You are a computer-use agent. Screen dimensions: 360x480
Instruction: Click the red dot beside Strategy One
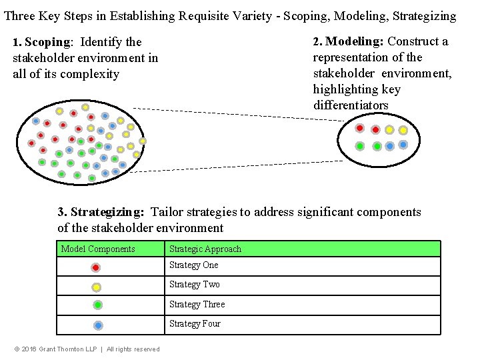[96, 267]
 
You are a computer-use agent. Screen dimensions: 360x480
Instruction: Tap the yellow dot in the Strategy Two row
[97, 287]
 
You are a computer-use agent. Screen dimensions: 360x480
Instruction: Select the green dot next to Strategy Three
[97, 305]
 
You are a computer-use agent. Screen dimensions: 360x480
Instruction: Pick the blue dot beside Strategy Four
[98, 325]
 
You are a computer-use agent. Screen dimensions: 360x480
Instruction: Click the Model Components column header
[98, 249]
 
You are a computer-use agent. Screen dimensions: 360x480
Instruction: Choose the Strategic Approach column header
[205, 249]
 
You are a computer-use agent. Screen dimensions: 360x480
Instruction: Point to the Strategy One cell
[194, 265]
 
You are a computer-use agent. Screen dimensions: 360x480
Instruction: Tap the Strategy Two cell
[194, 285]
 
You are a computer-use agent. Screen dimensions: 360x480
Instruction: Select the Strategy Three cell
[197, 304]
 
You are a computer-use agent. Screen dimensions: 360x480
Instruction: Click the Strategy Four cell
[195, 324]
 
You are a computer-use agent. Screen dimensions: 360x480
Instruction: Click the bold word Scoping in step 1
[47, 43]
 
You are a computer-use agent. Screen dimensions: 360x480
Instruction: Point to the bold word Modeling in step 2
[354, 41]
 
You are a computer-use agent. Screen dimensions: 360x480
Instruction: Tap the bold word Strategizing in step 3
[107, 213]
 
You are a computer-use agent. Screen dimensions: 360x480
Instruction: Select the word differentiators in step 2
[351, 105]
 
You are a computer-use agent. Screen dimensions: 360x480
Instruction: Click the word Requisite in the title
[206, 15]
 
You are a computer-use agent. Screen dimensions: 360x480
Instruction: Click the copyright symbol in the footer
[17, 349]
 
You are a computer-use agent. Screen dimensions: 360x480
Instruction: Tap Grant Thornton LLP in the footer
[69, 349]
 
